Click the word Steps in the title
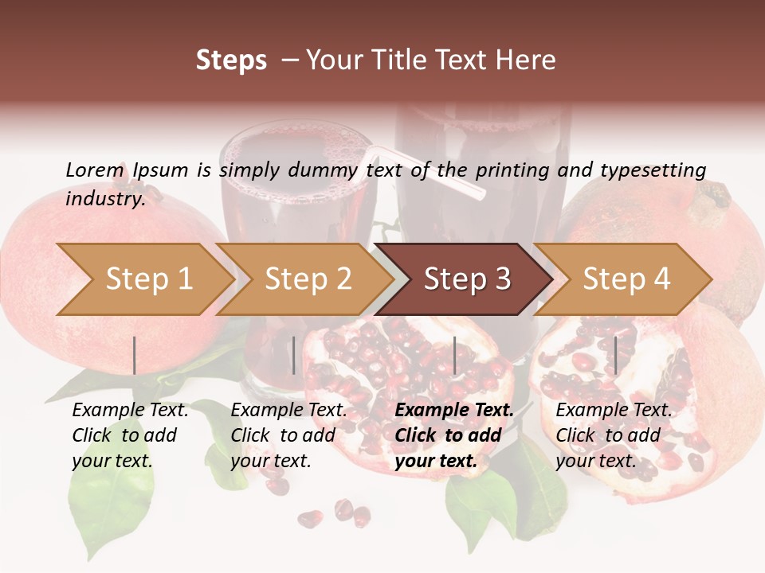231,60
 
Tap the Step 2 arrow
308,279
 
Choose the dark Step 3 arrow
466,279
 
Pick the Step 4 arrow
626,279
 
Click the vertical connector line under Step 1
135,355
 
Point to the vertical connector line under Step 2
294,355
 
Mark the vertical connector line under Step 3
454,355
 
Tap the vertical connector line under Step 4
615,355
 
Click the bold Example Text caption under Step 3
454,435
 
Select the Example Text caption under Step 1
130,435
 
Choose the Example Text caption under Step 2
288,435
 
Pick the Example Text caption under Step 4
614,435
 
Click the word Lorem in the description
95,170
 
